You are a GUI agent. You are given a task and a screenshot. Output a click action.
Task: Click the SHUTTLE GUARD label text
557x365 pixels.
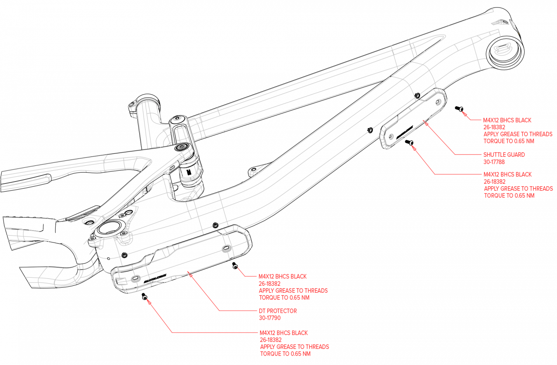504,154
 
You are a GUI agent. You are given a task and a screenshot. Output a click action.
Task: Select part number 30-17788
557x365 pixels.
494,162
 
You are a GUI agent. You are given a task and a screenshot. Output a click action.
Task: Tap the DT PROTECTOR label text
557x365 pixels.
278,311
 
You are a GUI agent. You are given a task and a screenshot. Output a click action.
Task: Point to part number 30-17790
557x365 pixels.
270,318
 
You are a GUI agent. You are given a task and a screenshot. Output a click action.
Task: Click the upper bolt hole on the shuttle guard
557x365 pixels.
439,102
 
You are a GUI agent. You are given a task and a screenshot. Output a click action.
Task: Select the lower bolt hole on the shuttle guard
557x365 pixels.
391,136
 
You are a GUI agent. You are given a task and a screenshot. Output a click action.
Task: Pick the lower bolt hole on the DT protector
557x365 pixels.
135,278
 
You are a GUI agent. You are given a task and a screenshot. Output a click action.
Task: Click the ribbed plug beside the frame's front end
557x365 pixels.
503,49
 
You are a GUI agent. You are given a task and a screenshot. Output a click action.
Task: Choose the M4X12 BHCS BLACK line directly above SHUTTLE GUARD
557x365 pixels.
507,120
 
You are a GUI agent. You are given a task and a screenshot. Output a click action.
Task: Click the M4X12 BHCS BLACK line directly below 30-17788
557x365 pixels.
507,175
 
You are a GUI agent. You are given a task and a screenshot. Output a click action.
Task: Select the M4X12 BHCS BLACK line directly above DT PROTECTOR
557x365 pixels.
282,277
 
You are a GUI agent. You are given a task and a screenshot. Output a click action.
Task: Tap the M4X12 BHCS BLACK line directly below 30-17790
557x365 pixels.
284,333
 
